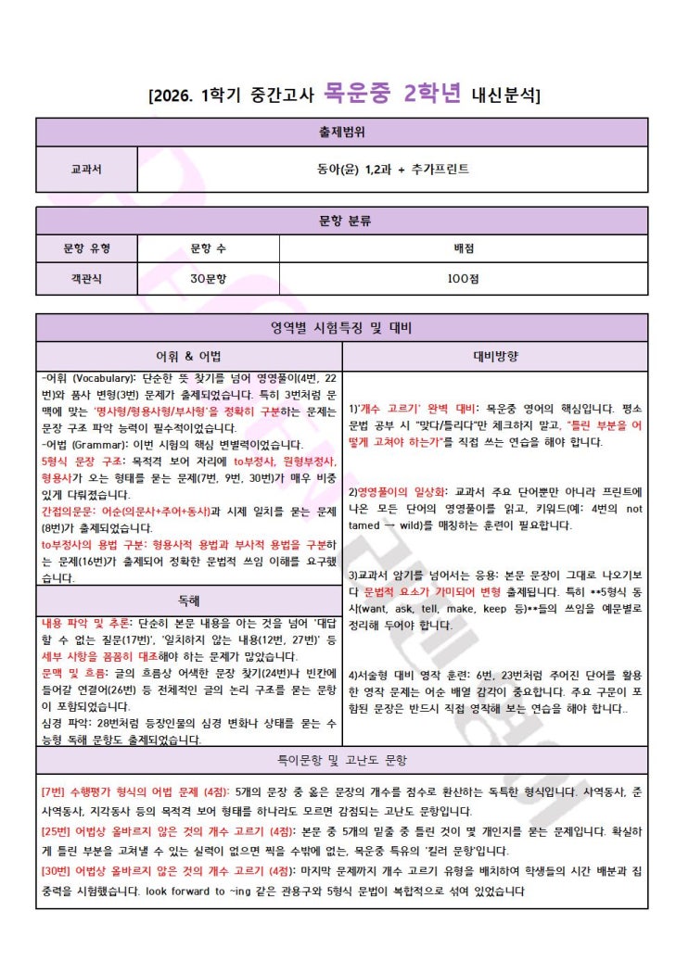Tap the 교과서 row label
tap(86, 170)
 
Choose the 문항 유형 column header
tap(86, 247)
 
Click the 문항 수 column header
tap(208, 247)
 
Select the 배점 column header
tap(464, 247)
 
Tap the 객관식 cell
tap(86, 277)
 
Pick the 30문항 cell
tap(208, 277)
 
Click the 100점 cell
tap(464, 277)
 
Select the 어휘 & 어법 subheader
tap(189, 357)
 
